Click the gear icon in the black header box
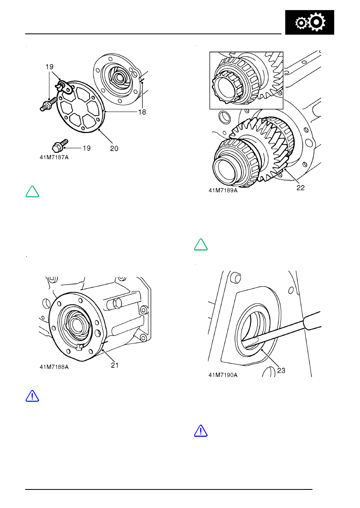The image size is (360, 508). point(310,22)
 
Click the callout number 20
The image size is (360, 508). point(114,148)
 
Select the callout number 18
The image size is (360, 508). point(142,112)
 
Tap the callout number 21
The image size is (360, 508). point(115,365)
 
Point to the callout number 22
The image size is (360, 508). point(301,188)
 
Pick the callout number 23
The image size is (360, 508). point(281,371)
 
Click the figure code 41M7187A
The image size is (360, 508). point(54,157)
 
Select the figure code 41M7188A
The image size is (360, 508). point(54,367)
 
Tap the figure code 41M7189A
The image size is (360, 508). point(223,190)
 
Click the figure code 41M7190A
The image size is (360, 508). point(223,375)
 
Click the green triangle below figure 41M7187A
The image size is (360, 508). point(32,192)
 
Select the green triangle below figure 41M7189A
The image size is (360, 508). point(201,245)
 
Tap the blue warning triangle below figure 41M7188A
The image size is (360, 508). point(32,396)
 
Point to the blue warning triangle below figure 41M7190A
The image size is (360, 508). point(201,431)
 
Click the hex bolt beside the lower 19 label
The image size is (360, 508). point(60,146)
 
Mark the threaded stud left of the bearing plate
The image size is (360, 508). point(48,104)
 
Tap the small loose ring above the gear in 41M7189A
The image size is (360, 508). point(225,117)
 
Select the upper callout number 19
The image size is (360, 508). point(50,67)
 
